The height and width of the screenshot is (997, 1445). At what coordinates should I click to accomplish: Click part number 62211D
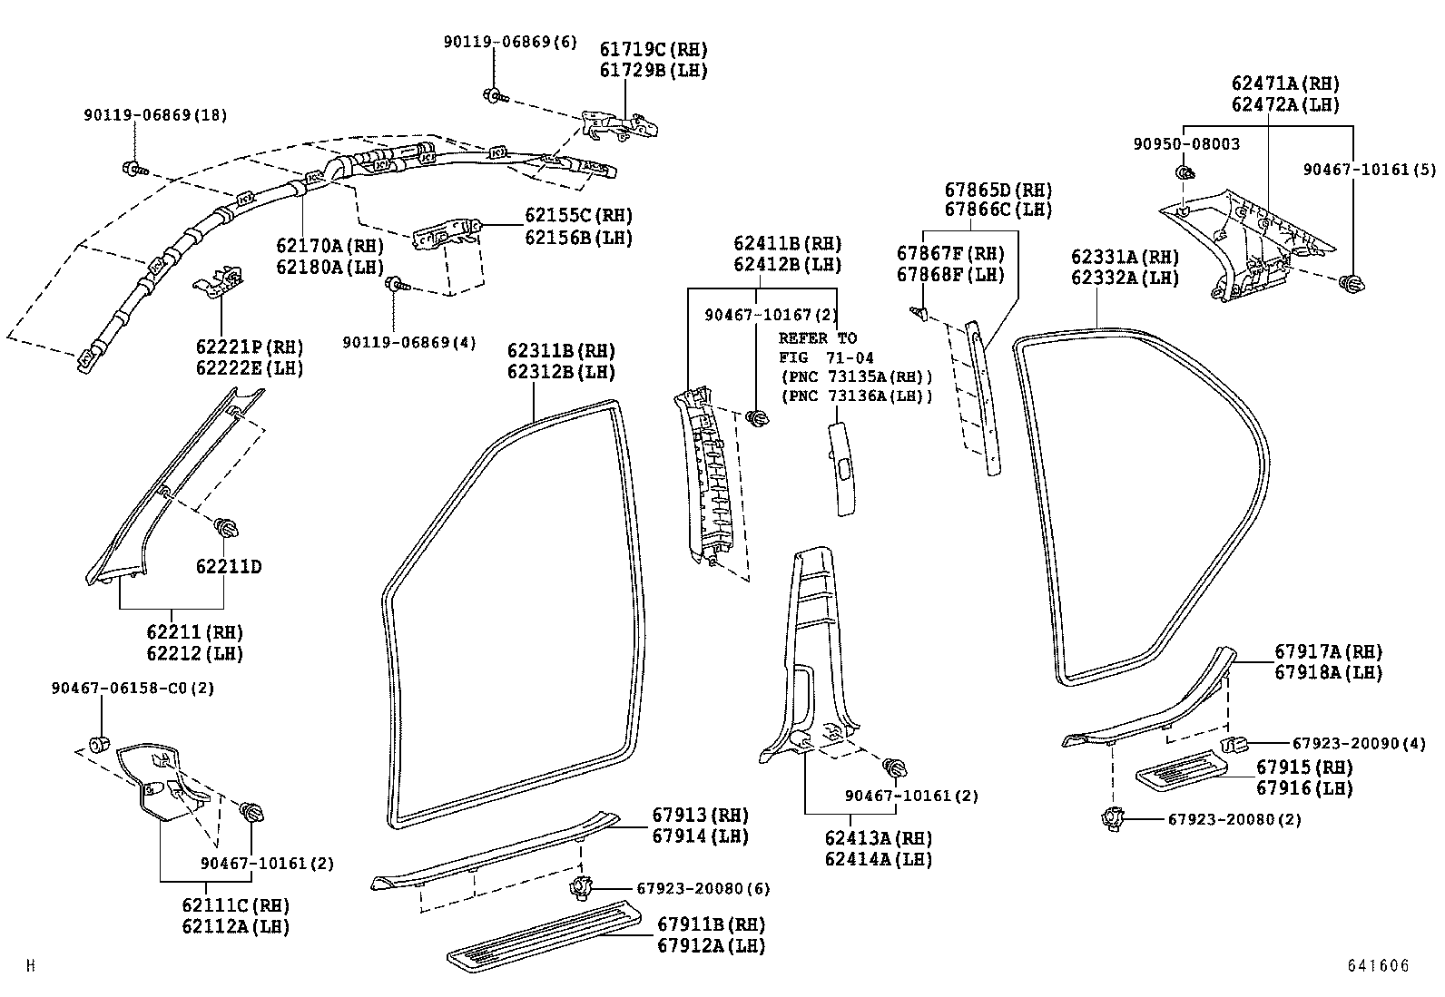229,567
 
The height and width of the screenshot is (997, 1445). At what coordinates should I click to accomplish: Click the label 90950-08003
1186,144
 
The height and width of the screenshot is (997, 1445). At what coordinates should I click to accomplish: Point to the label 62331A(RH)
1125,258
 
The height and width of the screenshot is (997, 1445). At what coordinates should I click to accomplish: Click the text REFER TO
817,337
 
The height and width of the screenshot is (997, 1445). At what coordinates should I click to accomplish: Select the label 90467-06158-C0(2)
133,689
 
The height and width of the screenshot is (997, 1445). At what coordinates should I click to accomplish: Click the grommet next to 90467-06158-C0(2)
101,745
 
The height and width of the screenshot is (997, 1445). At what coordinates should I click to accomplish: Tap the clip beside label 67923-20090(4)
1233,745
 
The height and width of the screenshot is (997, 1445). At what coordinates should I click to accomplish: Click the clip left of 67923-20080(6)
578,886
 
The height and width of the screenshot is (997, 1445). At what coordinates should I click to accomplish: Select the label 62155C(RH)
578,216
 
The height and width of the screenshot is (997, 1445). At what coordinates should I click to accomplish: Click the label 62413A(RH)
878,838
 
